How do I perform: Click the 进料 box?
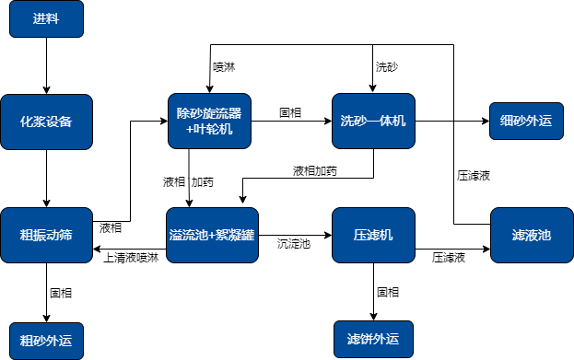46,19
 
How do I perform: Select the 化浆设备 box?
46,121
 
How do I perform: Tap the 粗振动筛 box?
46,236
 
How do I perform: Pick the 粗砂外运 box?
46,340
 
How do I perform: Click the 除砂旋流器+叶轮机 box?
209,121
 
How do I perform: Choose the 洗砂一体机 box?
373,121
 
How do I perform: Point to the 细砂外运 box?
525,121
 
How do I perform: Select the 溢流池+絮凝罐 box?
209,236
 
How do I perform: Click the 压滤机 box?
373,236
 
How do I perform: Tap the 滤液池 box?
532,236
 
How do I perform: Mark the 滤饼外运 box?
373,340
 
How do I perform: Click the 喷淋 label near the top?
224,67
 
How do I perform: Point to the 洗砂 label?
387,67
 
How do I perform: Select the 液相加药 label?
315,171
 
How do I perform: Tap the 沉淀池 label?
294,244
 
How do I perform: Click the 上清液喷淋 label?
131,258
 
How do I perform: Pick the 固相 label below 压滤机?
388,292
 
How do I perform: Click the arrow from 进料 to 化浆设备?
46,65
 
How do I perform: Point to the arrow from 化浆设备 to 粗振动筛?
46,178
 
